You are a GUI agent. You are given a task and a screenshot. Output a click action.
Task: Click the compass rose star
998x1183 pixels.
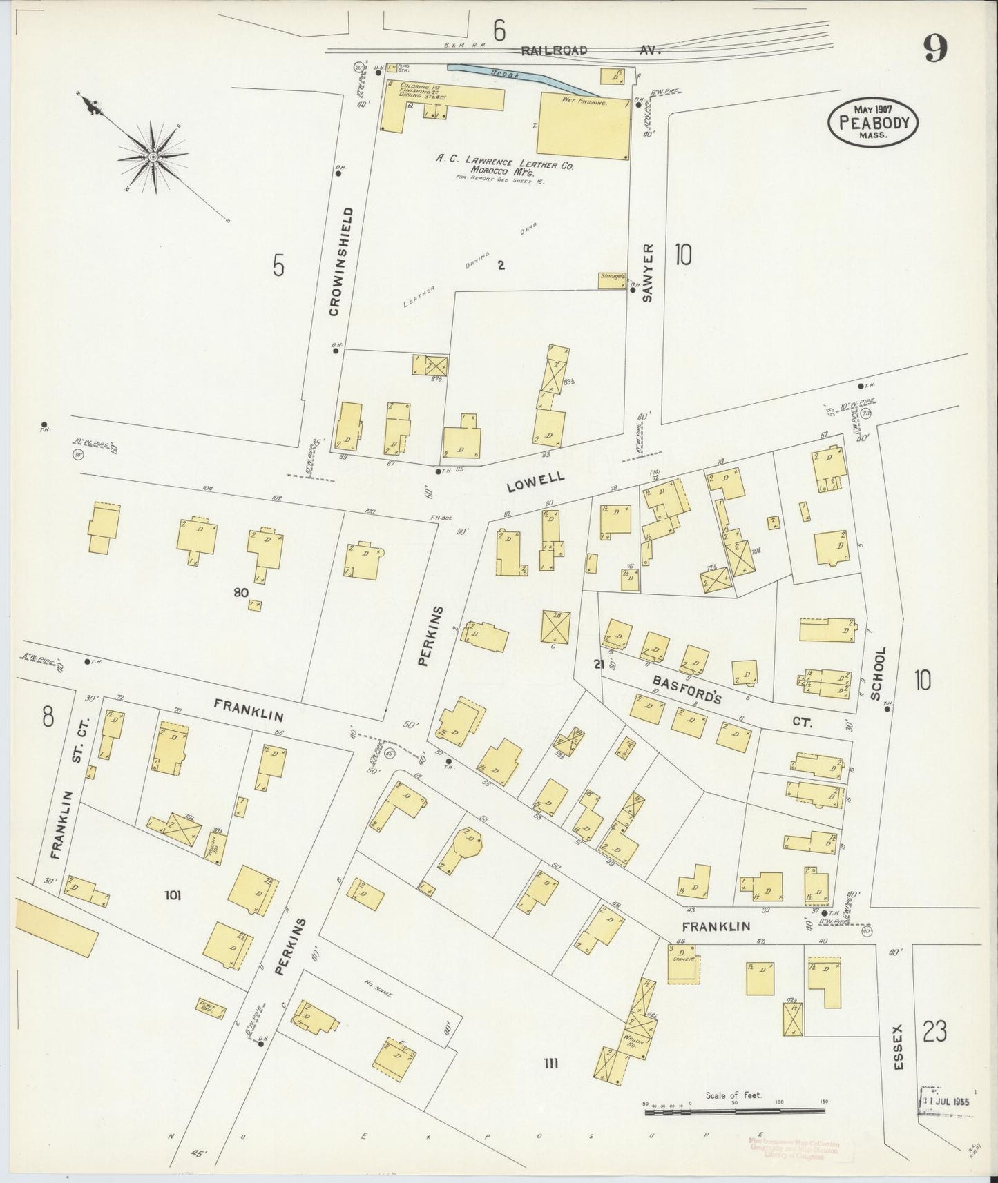pyautogui.click(x=153, y=157)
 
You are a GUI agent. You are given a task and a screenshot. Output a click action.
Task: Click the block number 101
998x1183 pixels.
pyautogui.click(x=173, y=896)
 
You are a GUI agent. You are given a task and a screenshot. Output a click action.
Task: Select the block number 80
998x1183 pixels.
pyautogui.click(x=241, y=591)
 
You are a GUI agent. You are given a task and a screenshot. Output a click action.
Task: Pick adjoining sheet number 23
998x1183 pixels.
pyautogui.click(x=934, y=1033)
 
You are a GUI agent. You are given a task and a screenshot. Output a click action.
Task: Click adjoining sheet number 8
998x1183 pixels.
pyautogui.click(x=47, y=717)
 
